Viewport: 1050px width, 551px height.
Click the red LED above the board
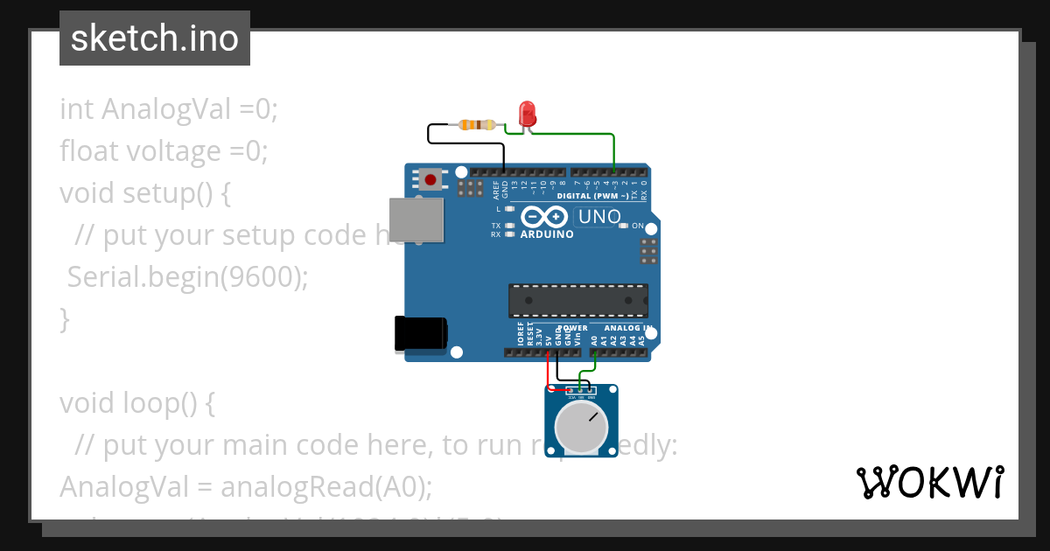[527, 113]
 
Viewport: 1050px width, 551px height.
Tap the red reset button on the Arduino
[430, 180]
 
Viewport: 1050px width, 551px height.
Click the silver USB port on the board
[416, 219]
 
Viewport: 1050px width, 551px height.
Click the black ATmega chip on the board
[578, 300]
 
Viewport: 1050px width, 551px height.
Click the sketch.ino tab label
[155, 38]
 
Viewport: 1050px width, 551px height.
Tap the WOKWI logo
[929, 483]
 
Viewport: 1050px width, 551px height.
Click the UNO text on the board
[600, 216]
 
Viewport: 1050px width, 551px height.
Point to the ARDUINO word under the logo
[547, 234]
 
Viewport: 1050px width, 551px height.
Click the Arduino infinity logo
[544, 216]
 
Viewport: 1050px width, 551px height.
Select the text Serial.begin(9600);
[188, 277]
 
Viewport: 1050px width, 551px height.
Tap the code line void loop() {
[136, 403]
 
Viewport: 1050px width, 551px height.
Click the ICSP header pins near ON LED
[648, 251]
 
